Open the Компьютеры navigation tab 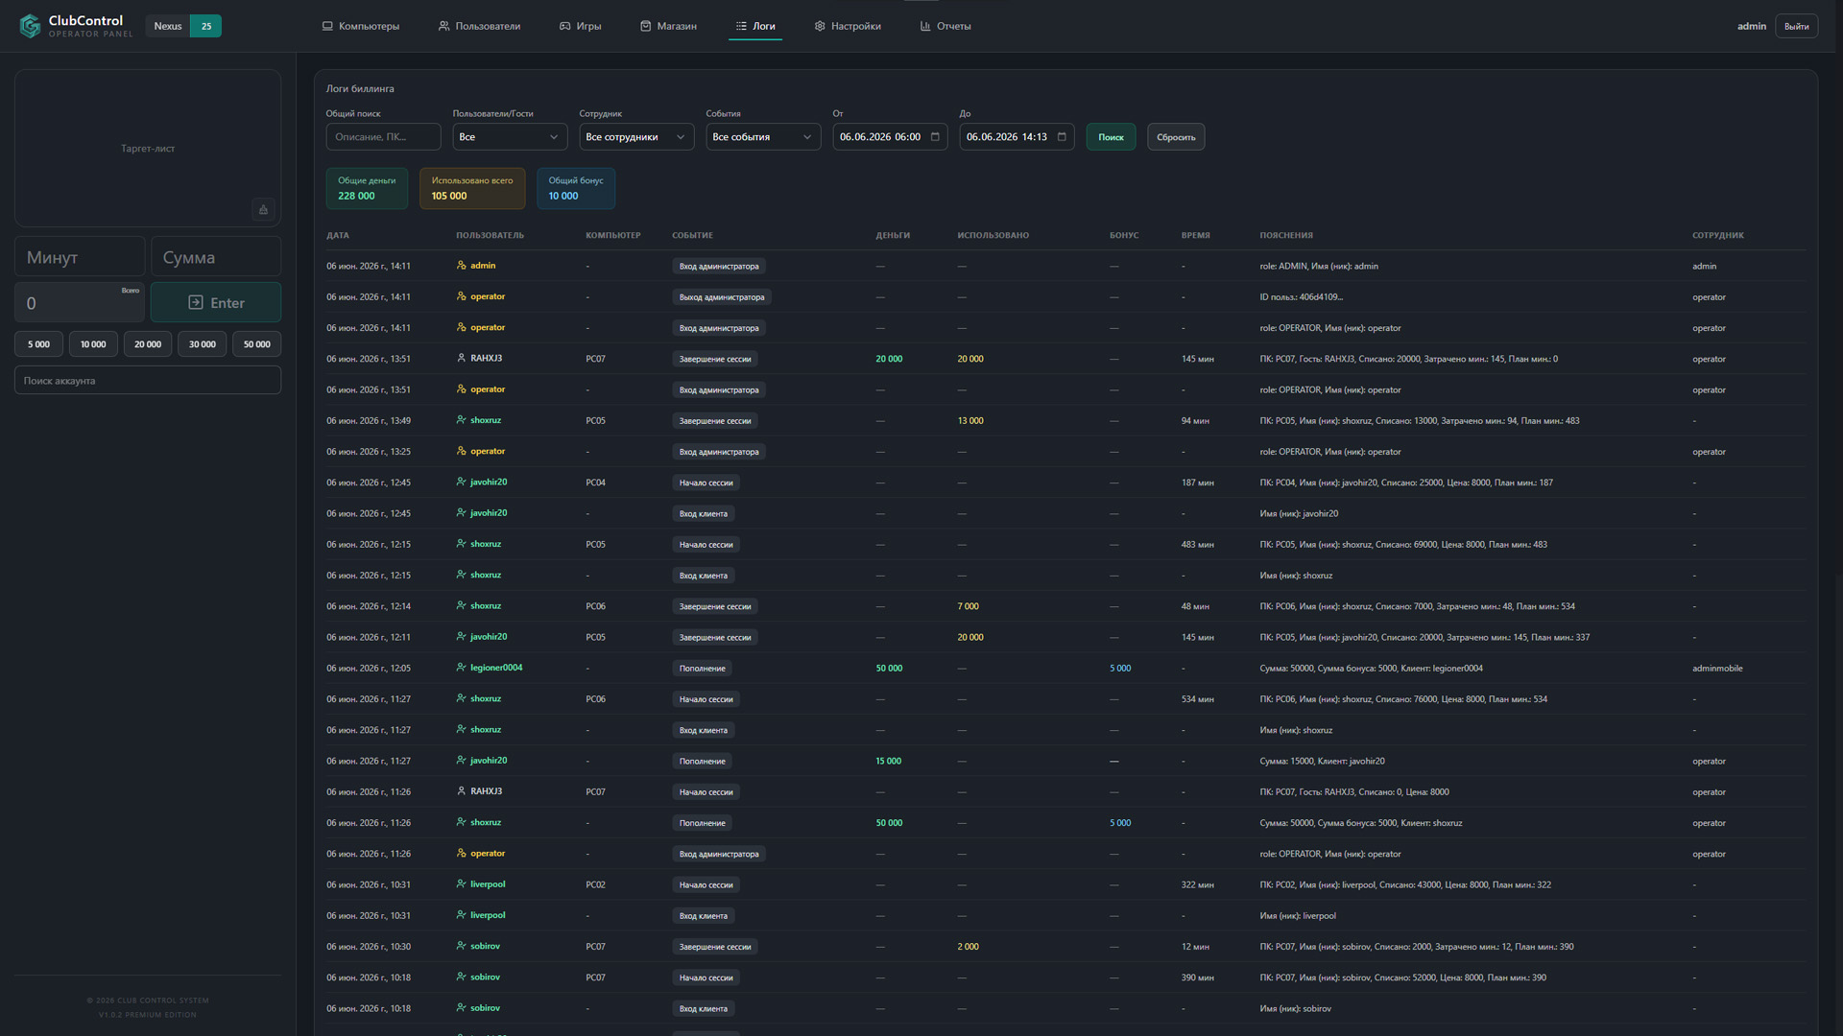pos(361,26)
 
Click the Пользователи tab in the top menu pos(479,26)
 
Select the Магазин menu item pos(668,26)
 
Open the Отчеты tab pos(945,26)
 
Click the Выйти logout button pos(1796,26)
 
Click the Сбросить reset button pos(1176,137)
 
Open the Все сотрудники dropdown pos(636,137)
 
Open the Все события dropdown pos(763,137)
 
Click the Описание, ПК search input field pos(383,137)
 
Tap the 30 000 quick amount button pos(203,344)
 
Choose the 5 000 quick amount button pos(38,344)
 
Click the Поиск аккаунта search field pos(148,381)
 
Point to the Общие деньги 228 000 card pos(367,188)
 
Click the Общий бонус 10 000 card pos(576,188)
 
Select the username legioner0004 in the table pos(496,668)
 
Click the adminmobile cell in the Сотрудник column pos(1717,669)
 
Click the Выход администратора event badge pos(722,297)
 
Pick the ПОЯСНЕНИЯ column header pos(1286,235)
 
